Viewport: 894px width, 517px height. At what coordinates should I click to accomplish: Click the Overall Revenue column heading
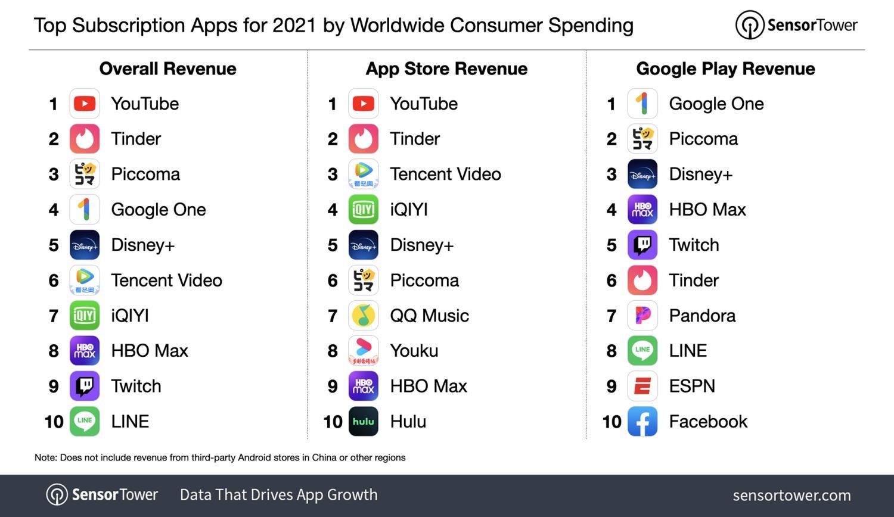coord(167,69)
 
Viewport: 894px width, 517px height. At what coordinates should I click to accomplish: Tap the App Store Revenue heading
coord(446,69)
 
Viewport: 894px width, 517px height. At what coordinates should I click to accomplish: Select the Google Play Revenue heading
coord(725,69)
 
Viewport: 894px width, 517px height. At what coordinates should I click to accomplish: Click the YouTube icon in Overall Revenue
coord(85,104)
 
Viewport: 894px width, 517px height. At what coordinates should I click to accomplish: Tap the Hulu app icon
coord(364,422)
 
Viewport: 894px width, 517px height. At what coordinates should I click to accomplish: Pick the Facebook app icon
coord(642,422)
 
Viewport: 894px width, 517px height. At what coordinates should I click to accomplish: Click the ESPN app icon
coord(642,387)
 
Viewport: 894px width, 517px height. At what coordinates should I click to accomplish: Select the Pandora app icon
coord(642,316)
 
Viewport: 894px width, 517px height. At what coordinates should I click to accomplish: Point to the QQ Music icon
coord(364,316)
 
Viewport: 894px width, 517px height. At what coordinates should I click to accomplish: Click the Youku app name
coord(414,351)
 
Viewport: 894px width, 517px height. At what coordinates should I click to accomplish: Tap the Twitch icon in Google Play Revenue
coord(642,245)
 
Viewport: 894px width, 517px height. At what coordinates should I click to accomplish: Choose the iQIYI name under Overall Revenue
coord(130,316)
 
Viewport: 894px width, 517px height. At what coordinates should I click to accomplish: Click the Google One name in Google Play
coord(716,104)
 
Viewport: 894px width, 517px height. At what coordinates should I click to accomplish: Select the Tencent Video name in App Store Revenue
coord(445,175)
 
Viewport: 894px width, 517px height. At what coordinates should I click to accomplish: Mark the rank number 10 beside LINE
coord(54,422)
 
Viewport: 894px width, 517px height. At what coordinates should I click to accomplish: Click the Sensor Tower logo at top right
coord(796,25)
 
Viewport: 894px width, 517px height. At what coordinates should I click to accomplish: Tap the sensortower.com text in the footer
coord(791,495)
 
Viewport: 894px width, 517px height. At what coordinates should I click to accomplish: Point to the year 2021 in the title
coord(294,26)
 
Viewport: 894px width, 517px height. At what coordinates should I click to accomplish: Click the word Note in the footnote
coord(45,457)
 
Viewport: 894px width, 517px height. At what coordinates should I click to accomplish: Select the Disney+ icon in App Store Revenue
coord(364,245)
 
